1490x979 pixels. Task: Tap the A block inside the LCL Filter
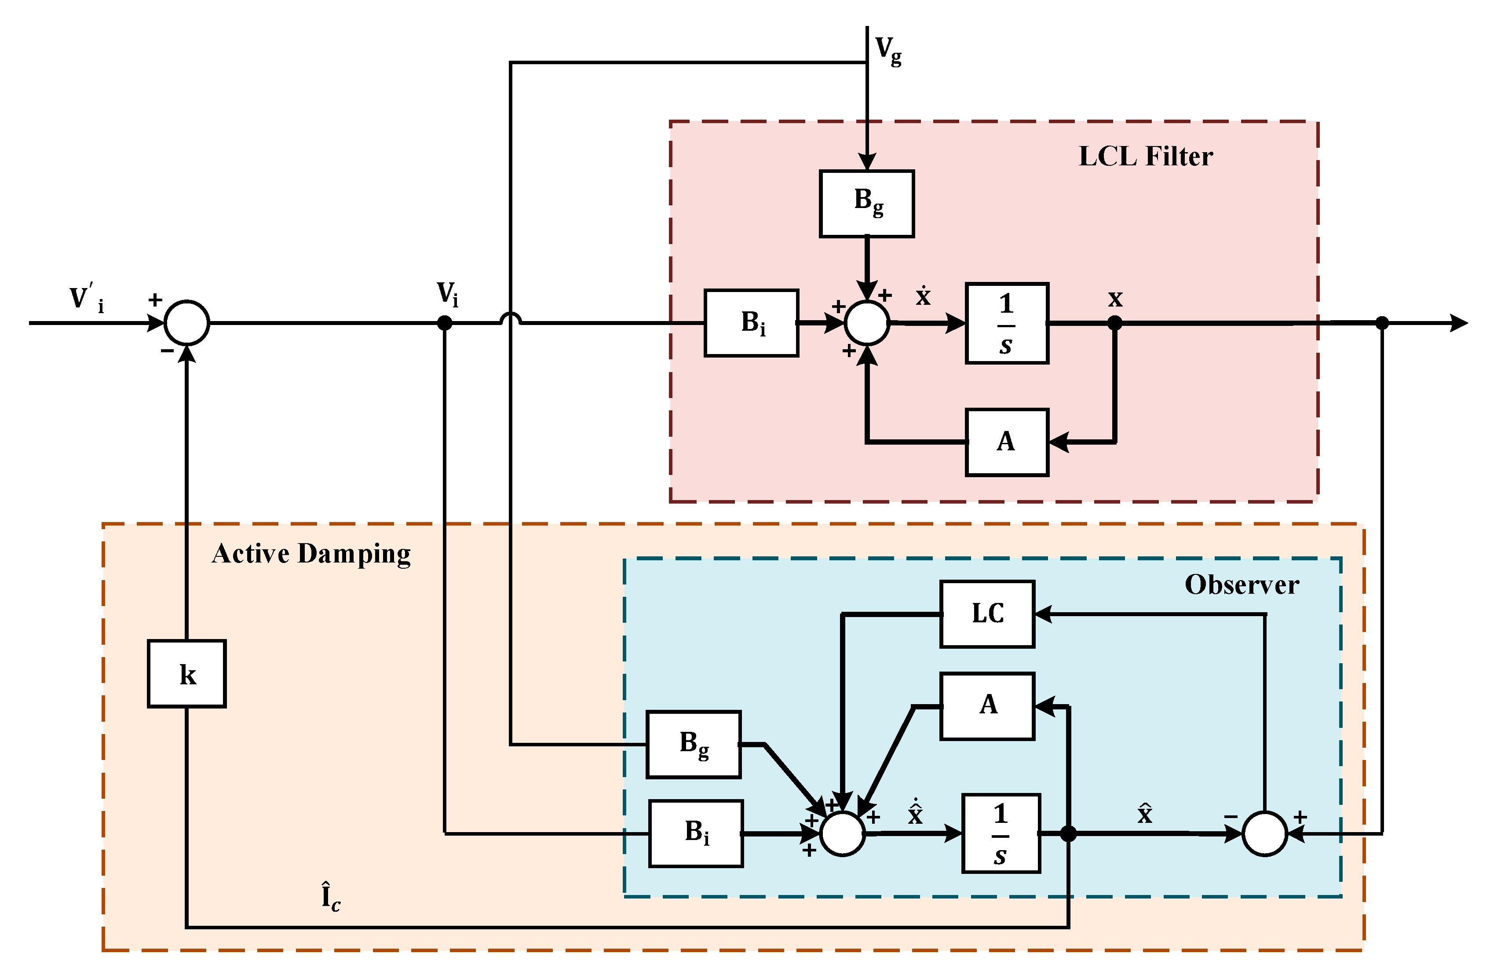1006,442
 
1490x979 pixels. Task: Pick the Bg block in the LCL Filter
866,204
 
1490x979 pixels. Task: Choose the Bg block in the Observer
693,744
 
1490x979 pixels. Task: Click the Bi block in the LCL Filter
751,323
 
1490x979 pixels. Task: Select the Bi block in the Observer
696,833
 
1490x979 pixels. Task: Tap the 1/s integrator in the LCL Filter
1006,323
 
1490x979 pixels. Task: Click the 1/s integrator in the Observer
1001,833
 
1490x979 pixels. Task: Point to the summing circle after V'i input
186,323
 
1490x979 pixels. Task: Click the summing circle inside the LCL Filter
866,323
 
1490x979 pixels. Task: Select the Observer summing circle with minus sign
1264,833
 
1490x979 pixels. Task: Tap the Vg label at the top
888,50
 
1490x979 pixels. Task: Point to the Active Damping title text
311,554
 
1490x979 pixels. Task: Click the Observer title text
1242,584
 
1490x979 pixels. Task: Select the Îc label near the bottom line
330,897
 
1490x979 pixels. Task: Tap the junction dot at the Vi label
445,323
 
